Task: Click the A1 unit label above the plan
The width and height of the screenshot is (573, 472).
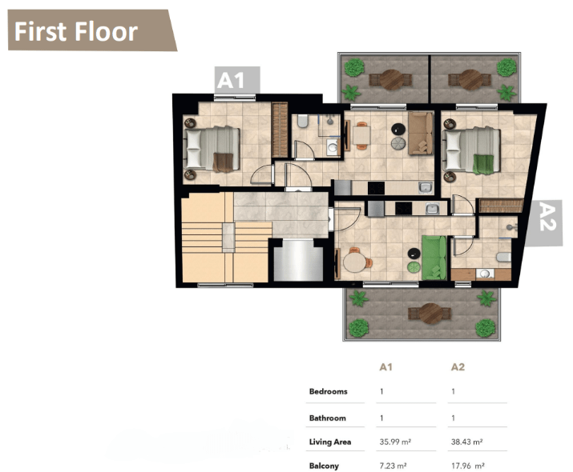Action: (x=236, y=80)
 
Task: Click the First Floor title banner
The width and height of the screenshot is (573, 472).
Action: (x=91, y=30)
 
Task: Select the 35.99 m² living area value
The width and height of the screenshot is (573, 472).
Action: (x=395, y=442)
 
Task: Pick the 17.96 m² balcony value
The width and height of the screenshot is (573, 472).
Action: (x=468, y=466)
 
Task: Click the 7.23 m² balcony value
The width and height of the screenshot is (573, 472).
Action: (x=393, y=466)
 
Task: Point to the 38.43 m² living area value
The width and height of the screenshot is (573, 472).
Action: (x=466, y=442)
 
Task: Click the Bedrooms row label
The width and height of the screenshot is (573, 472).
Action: (x=328, y=391)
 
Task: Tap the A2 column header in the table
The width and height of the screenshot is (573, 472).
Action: (x=458, y=367)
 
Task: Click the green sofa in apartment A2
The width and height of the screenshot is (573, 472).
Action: (x=434, y=258)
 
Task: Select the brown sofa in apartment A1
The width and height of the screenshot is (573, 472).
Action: (x=421, y=133)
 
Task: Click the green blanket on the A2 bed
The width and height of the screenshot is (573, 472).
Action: (x=482, y=164)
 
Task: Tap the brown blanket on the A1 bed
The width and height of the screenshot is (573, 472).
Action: (x=223, y=162)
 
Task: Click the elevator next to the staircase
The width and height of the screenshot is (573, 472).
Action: (x=298, y=260)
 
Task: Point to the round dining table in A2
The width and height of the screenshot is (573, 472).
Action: (x=354, y=262)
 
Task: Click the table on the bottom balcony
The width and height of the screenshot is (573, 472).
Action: (x=430, y=314)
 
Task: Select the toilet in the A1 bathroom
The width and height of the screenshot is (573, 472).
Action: (x=303, y=121)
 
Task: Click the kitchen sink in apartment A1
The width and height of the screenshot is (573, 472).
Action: (x=426, y=187)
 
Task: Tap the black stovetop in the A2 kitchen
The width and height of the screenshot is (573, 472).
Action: (x=403, y=208)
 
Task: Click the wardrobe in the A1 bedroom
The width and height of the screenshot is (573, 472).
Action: (x=280, y=130)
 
